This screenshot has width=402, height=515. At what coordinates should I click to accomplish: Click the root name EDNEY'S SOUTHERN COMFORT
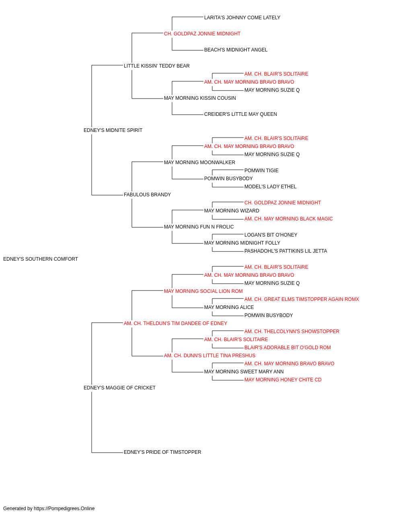41,259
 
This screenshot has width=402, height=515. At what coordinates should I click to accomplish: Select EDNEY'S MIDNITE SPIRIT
113,130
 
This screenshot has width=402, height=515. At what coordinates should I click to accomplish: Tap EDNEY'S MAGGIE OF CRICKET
119,388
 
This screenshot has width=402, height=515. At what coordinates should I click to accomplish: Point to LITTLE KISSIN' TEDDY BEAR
157,66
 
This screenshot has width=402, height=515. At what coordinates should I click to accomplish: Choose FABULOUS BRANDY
147,195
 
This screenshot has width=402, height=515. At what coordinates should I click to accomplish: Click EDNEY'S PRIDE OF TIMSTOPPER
162,452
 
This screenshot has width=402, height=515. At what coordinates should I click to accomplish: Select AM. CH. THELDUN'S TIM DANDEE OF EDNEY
175,323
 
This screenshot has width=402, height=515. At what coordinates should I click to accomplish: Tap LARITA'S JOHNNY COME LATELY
242,18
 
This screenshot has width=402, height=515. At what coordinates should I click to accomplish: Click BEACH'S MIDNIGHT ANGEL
236,50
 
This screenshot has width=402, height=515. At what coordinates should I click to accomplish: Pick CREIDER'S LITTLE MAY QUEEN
240,114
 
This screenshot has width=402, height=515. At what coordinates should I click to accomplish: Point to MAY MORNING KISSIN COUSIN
200,98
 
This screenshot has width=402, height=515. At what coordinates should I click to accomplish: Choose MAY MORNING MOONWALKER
199,163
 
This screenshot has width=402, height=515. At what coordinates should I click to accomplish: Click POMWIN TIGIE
261,171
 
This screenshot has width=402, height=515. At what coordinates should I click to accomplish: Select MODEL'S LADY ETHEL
271,187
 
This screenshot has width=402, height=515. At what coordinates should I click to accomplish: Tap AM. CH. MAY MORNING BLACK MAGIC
289,219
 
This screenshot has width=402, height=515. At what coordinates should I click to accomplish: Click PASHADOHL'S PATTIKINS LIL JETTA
286,251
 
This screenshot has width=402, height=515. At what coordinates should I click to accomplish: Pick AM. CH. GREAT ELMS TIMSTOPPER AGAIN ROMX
301,299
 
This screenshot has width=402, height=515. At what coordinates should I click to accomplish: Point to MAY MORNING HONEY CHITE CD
283,380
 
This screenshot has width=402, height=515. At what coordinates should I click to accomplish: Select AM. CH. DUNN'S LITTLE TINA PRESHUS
210,356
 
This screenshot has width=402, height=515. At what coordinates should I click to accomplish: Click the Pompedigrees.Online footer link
64,509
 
